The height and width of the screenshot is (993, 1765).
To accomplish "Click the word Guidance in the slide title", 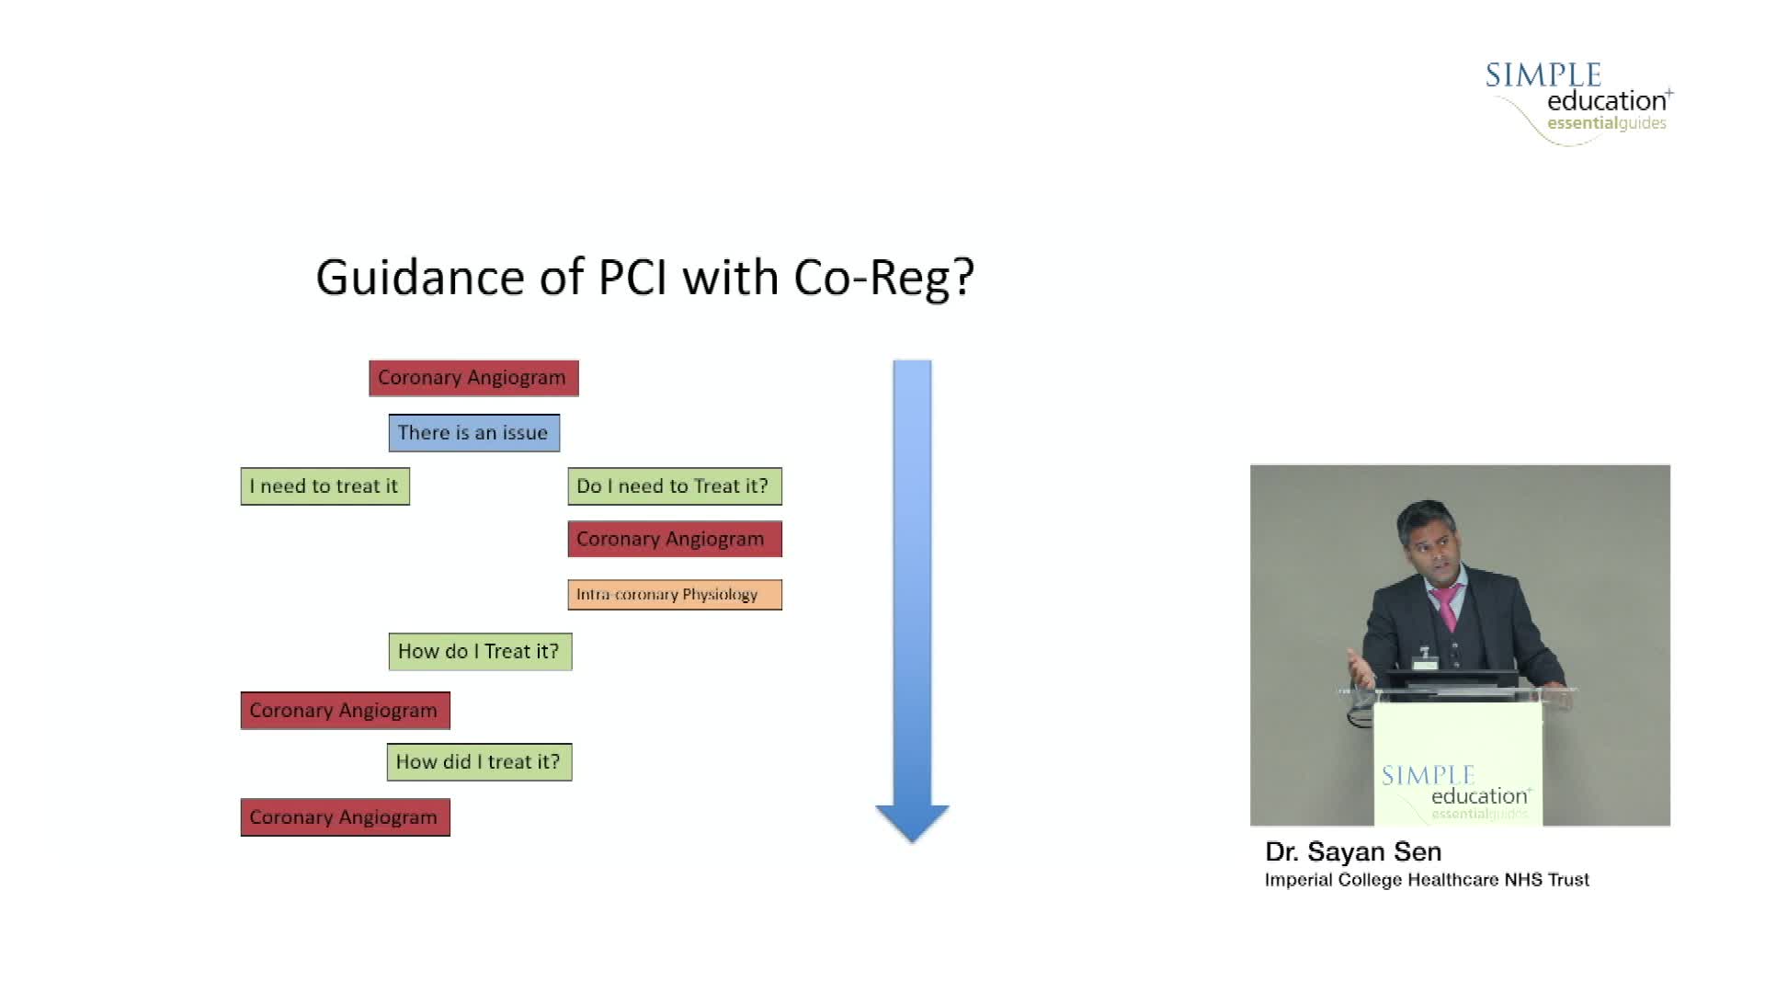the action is pyautogui.click(x=418, y=278).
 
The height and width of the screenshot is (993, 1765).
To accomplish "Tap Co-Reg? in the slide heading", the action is pyautogui.click(x=883, y=278).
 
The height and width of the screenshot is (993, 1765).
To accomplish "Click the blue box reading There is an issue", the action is pyautogui.click(x=473, y=433).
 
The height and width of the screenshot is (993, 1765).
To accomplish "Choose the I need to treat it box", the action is pyautogui.click(x=325, y=486).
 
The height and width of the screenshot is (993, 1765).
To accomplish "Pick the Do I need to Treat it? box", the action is pyautogui.click(x=674, y=486).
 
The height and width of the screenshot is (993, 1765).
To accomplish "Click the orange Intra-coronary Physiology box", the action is pyautogui.click(x=674, y=595).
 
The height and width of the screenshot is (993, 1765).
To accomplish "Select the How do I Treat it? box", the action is pyautogui.click(x=479, y=652).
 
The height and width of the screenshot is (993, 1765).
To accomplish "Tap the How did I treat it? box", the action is pyautogui.click(x=479, y=762).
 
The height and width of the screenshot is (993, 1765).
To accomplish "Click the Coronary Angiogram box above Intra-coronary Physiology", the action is pyautogui.click(x=674, y=540).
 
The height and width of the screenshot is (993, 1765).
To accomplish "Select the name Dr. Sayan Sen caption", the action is pyautogui.click(x=1353, y=852).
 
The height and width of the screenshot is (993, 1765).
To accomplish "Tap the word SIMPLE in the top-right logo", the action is pyautogui.click(x=1543, y=75).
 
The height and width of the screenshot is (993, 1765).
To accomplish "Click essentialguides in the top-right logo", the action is pyautogui.click(x=1606, y=124).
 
